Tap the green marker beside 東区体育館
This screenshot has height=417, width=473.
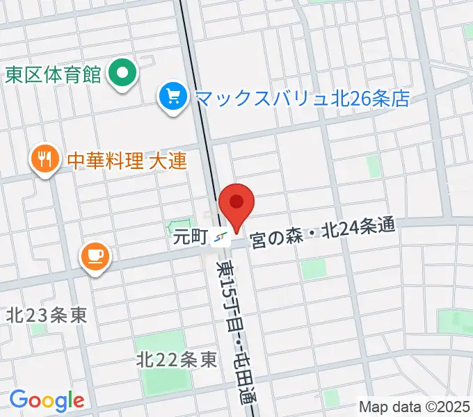tap(124, 74)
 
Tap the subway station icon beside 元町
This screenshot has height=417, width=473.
tap(221, 238)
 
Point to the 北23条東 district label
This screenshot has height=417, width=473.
tap(47, 315)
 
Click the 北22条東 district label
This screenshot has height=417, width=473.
tap(177, 359)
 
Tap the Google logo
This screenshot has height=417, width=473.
tap(47, 400)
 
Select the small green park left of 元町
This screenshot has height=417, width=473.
tap(173, 227)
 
